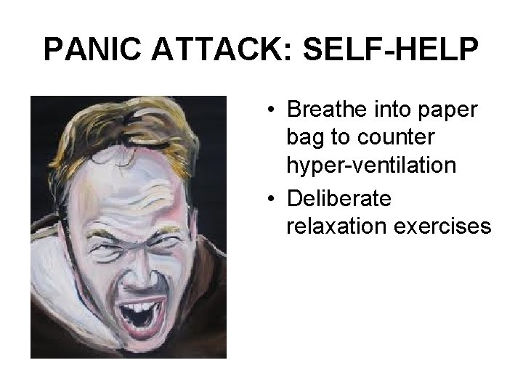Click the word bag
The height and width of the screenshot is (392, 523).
[x=305, y=138]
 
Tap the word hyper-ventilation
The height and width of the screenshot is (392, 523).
[x=371, y=166]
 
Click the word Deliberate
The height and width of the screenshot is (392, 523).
[x=339, y=198]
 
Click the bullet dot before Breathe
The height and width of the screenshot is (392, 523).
[x=269, y=110]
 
